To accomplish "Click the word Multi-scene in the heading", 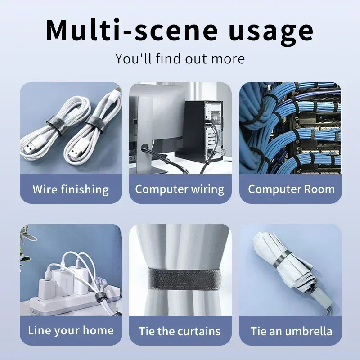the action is pos(131,30).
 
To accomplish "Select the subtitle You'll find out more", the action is pos(180,59).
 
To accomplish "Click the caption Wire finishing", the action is pos(71,189).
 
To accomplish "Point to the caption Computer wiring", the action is pos(180,189).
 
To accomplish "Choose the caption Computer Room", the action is pos(291,189).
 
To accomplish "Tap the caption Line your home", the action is pos(71,331).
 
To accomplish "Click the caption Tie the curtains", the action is pos(180,331).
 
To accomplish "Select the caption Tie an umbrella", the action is pos(291,331).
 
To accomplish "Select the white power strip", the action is pos(73,301).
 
